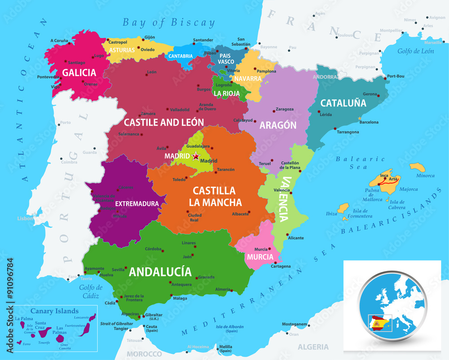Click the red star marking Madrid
coord(196,156)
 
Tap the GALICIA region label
coord(79,73)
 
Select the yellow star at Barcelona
coord(359,119)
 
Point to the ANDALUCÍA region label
coord(160,272)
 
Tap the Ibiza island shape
coord(343,208)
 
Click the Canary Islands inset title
coord(54,311)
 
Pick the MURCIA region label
coord(260,257)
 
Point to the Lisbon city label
coord(25,219)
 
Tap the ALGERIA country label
coord(313,347)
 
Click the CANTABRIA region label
coord(180,57)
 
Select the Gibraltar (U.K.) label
coord(154,317)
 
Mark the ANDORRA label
coord(326,77)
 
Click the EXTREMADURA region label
coord(137,204)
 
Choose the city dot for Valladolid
coord(167,109)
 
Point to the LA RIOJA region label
coord(226,93)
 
